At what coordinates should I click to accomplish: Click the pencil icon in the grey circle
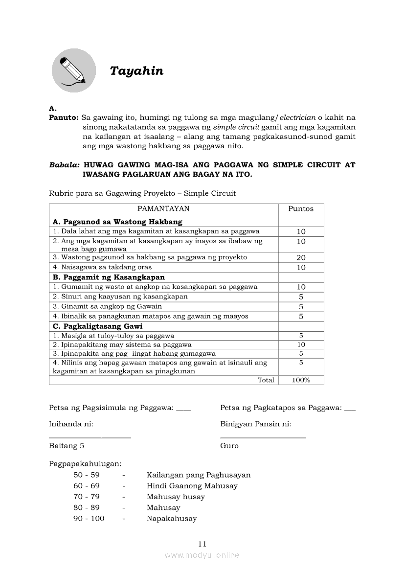point(74,71)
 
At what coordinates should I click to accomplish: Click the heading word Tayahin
point(136,71)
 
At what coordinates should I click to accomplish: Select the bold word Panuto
point(64,118)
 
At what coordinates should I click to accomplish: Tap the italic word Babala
point(65,165)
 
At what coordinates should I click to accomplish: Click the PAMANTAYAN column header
point(163,209)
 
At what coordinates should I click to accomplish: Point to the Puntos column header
point(301,209)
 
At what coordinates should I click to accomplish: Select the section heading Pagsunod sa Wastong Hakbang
point(117,222)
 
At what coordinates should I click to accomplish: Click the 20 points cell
point(301,257)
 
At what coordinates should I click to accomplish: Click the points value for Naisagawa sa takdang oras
point(301,267)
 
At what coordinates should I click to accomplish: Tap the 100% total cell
point(301,380)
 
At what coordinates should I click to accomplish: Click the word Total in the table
point(266,380)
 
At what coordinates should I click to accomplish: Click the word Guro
point(229,446)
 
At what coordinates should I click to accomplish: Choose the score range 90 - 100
point(89,519)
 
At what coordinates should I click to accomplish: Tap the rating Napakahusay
point(172,519)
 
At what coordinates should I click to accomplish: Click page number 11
point(202,544)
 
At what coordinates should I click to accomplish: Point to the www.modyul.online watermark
point(202,555)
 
